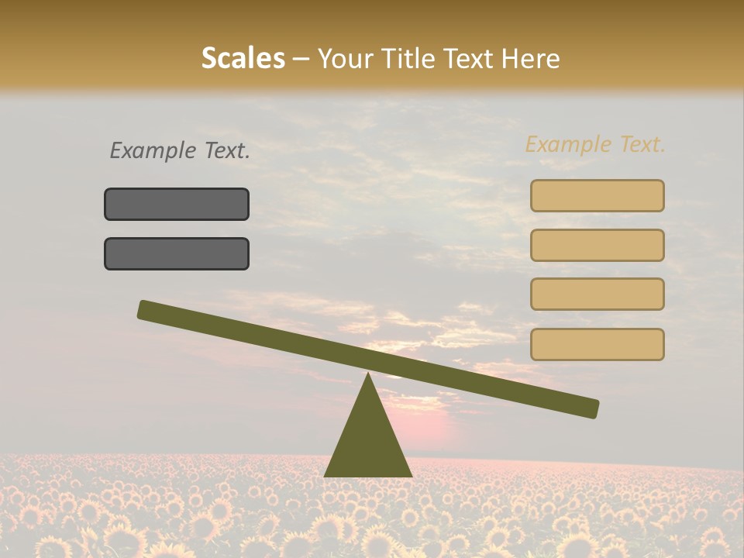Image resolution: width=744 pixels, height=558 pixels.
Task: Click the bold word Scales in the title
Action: point(243,59)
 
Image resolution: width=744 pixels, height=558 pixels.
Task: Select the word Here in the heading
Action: point(530,59)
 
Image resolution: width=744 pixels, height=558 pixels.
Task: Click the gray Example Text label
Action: point(180,151)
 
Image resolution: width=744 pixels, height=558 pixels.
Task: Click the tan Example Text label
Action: point(595,145)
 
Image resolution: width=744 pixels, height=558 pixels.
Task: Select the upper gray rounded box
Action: point(177,204)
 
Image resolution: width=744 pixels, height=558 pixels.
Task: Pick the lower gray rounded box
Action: point(177,253)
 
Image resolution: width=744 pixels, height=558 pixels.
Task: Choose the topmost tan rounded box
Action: point(597,196)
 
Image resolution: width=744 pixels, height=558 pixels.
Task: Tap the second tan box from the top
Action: point(597,245)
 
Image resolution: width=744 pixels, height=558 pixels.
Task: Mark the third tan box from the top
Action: point(597,294)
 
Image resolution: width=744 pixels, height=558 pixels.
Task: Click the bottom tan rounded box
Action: point(597,344)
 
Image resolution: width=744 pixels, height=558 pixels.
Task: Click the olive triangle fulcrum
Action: point(368,442)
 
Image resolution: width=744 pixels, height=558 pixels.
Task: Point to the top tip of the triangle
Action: point(368,376)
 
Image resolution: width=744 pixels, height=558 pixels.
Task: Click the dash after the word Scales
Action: point(301,59)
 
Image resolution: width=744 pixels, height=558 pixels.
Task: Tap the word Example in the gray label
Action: point(153,151)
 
